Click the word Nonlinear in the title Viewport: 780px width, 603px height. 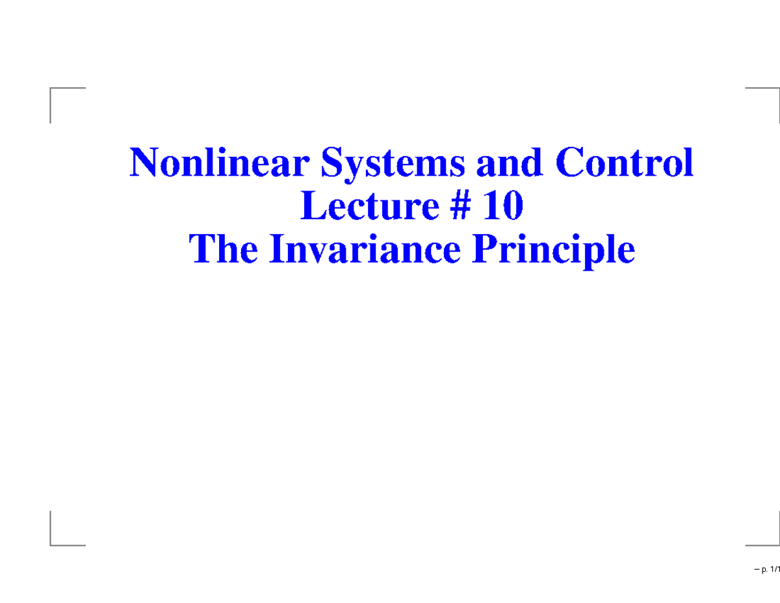click(217, 164)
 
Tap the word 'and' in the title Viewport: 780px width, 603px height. click(509, 164)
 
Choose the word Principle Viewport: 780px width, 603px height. click(554, 251)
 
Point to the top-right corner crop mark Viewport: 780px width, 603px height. click(777, 88)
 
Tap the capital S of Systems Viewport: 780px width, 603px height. click(329, 164)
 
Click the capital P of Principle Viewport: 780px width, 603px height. click(485, 250)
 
